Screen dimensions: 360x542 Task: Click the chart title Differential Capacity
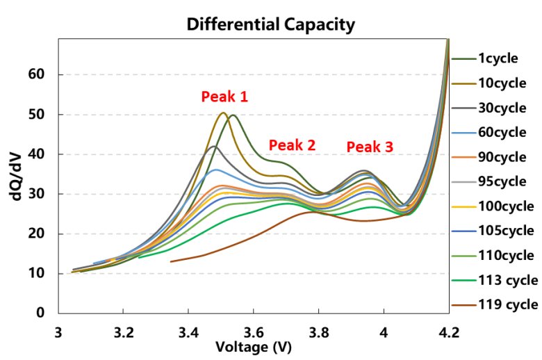coord(270,25)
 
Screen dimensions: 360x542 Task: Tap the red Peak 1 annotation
coord(224,97)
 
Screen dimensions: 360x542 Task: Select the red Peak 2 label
coord(292,145)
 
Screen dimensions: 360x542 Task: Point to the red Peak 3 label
coord(370,147)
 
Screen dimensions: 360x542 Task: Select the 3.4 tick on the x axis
coord(188,332)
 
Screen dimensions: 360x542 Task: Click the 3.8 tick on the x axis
coord(319,332)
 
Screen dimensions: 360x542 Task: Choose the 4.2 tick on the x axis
coord(449,332)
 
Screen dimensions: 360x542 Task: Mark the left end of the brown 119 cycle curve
coord(171,261)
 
